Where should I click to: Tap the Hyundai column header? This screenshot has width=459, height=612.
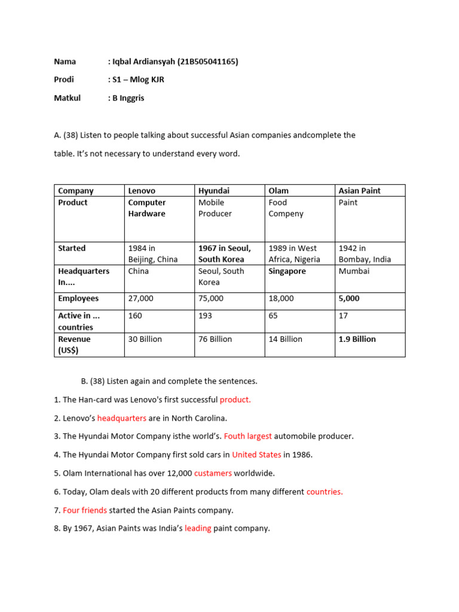coord(213,191)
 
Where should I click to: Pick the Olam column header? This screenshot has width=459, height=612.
coord(279,191)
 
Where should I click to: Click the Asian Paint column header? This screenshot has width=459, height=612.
coord(359,191)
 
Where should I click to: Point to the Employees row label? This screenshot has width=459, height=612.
coord(78,298)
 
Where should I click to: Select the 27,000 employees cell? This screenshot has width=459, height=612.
coord(140,298)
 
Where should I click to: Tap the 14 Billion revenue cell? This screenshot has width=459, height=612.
coord(285,339)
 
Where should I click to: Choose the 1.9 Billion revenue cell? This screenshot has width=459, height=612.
coord(357,339)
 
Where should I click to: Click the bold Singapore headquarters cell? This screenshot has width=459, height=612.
coord(287,271)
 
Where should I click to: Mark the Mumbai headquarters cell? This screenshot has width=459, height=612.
coord(354,271)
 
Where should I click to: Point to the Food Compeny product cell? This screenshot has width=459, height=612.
coord(286,208)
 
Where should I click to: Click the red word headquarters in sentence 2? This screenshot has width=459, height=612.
coord(121,418)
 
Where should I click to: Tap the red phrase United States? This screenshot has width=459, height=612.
coord(256,455)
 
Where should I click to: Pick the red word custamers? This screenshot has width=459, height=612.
coord(213,473)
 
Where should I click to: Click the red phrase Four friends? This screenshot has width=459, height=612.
coord(85,510)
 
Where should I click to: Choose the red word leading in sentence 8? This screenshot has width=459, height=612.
coord(198,528)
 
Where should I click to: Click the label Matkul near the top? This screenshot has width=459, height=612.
coord(67,98)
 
